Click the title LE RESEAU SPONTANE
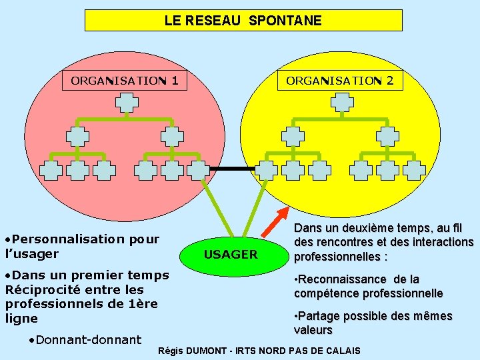[x=243, y=21]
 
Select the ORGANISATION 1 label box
[x=124, y=81]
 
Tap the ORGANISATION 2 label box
[x=339, y=81]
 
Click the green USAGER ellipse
[x=230, y=254]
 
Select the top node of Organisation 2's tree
[x=342, y=102]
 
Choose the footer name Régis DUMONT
[x=190, y=351]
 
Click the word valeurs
[x=313, y=330]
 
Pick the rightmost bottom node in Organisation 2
[x=414, y=170]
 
